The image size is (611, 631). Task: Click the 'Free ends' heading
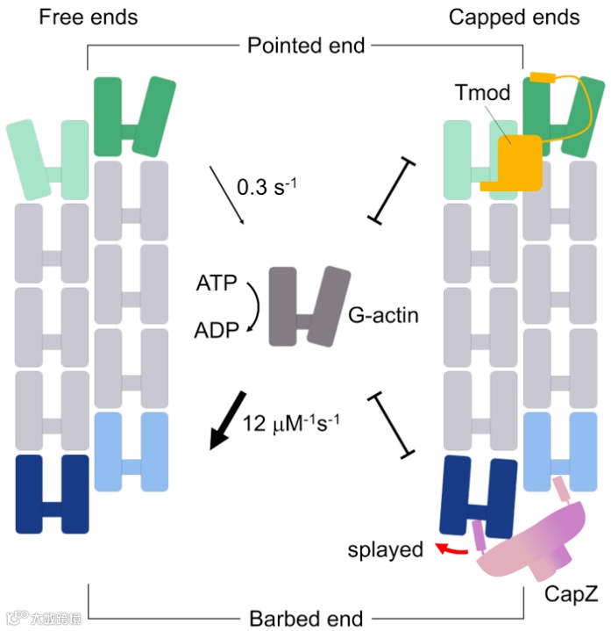[88, 18]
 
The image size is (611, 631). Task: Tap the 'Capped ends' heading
[513, 18]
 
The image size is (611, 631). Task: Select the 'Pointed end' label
[306, 45]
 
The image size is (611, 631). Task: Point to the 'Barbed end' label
[305, 616]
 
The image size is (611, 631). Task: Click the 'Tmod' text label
[482, 95]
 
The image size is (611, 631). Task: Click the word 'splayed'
[385, 551]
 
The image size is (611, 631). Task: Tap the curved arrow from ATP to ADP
[253, 309]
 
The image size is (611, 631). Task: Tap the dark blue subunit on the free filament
[53, 493]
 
